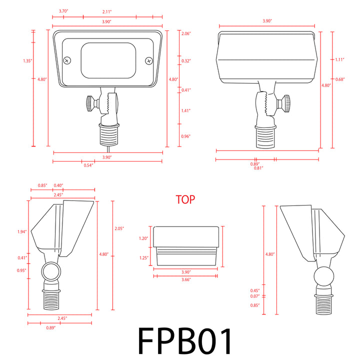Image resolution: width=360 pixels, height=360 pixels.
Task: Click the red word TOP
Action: pos(185,199)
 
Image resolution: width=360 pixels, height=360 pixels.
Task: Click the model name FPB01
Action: pos(185,341)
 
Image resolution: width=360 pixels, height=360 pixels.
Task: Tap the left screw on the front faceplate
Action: pos(67,60)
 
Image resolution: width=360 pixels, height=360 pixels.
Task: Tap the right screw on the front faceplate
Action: pos(148,60)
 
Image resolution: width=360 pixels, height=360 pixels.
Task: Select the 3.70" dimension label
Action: pos(63,10)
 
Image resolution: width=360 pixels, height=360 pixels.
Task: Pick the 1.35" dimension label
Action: pos(27,61)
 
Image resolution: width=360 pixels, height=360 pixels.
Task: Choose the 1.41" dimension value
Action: pos(185,110)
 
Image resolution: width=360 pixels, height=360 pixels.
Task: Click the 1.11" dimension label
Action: pos(340,59)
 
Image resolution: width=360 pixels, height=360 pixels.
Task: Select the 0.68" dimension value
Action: pos(340,79)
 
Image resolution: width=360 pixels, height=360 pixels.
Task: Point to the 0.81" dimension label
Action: pos(258,168)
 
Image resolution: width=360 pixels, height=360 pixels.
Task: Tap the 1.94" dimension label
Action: pos(21,231)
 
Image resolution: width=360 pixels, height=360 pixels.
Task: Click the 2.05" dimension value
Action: pos(119,228)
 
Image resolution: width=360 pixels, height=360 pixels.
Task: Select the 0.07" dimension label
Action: pos(255,297)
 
